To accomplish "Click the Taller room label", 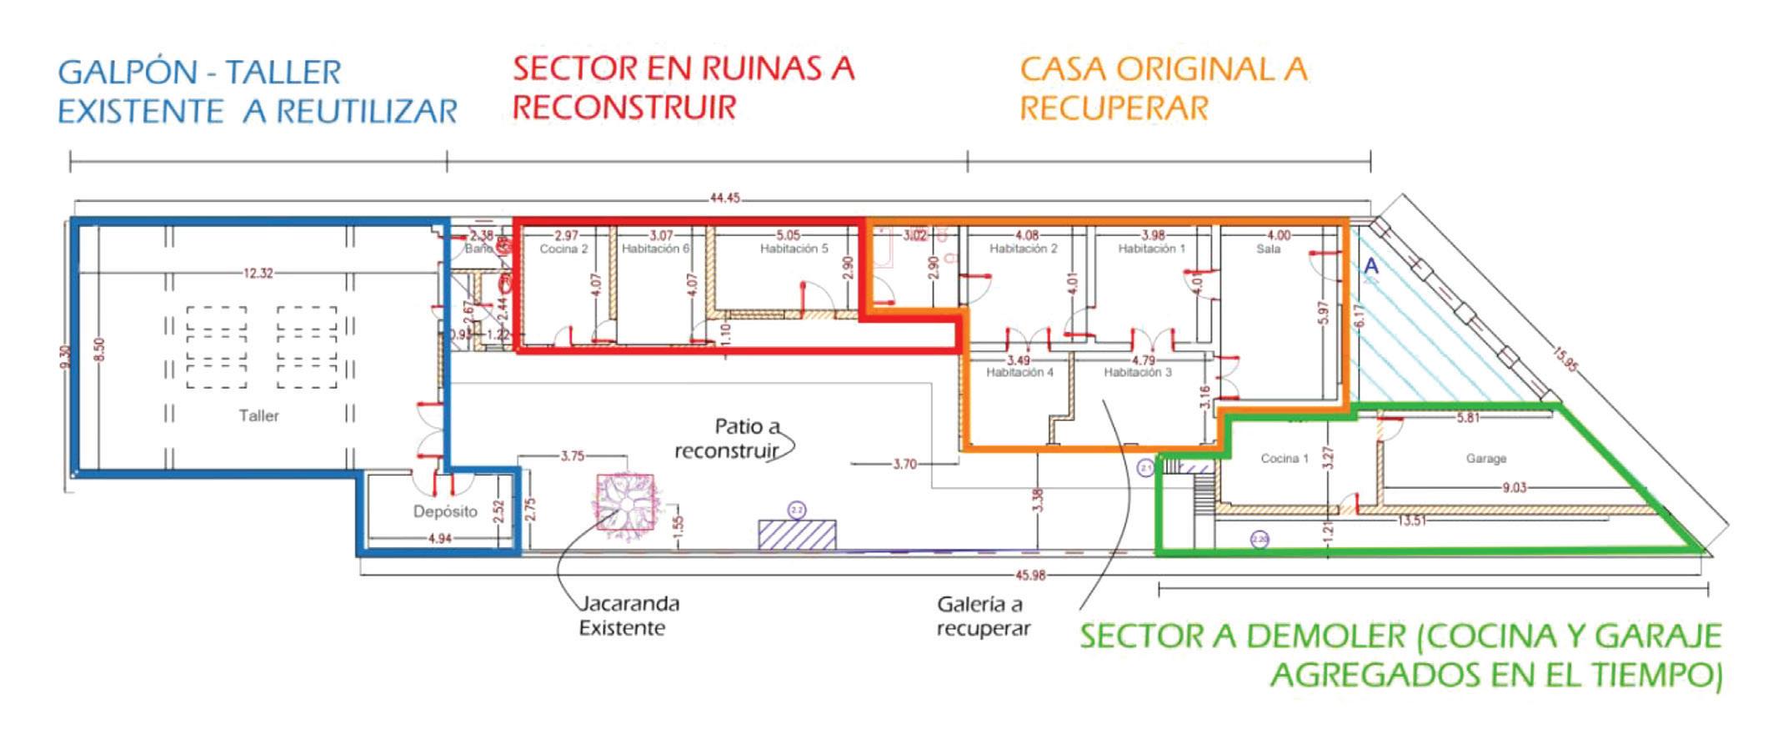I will click(x=258, y=415).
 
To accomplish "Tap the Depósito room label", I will click(x=445, y=511).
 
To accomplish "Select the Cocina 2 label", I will click(x=563, y=249).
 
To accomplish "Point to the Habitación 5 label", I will click(x=794, y=249).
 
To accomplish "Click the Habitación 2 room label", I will click(x=1023, y=249).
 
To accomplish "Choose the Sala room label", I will click(x=1268, y=249).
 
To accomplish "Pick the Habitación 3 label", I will click(x=1138, y=372).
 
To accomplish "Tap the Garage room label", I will click(x=1485, y=458).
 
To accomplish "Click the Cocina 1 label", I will click(x=1285, y=458).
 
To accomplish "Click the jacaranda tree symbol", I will click(x=625, y=502).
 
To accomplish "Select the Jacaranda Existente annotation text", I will click(x=629, y=616).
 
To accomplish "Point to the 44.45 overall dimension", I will click(x=724, y=199).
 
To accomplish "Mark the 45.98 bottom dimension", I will click(x=1029, y=575).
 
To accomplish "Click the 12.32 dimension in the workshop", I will click(x=258, y=273).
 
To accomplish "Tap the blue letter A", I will click(x=1370, y=267).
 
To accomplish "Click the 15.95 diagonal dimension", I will click(x=1565, y=359).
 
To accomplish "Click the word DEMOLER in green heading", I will click(x=1326, y=636).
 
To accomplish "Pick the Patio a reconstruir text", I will click(x=728, y=439).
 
